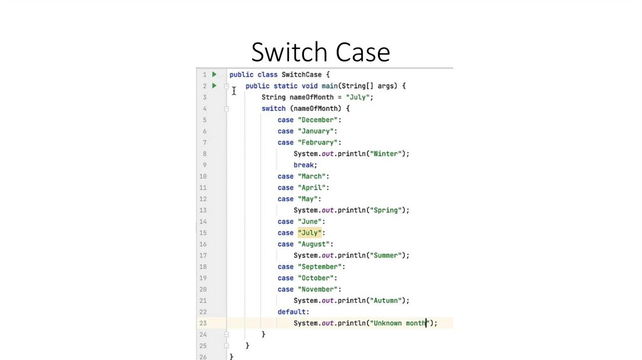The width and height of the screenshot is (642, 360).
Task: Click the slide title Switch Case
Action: pos(320,51)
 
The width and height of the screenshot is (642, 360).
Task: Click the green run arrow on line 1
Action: pos(214,75)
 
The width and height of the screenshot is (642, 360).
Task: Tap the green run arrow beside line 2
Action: pos(214,86)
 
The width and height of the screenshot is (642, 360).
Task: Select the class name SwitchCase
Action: pos(302,75)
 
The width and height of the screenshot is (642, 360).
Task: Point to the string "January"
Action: pos(315,131)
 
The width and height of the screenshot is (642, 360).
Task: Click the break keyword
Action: pos(305,165)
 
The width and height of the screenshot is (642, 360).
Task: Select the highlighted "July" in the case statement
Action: pos(309,233)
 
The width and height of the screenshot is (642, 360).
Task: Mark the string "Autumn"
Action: pos(387,300)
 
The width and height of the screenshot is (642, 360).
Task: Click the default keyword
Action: pos(292,312)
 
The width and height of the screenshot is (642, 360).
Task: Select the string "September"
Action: pos(319,267)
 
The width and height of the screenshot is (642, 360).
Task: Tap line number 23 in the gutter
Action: pos(203,323)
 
